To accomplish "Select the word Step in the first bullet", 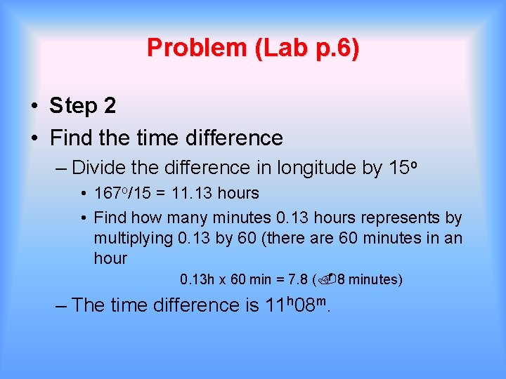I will pos(74,106).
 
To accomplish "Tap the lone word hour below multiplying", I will pos(110,258).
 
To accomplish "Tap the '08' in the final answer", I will pos(304,305).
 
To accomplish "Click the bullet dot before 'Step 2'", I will pos(34,107).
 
